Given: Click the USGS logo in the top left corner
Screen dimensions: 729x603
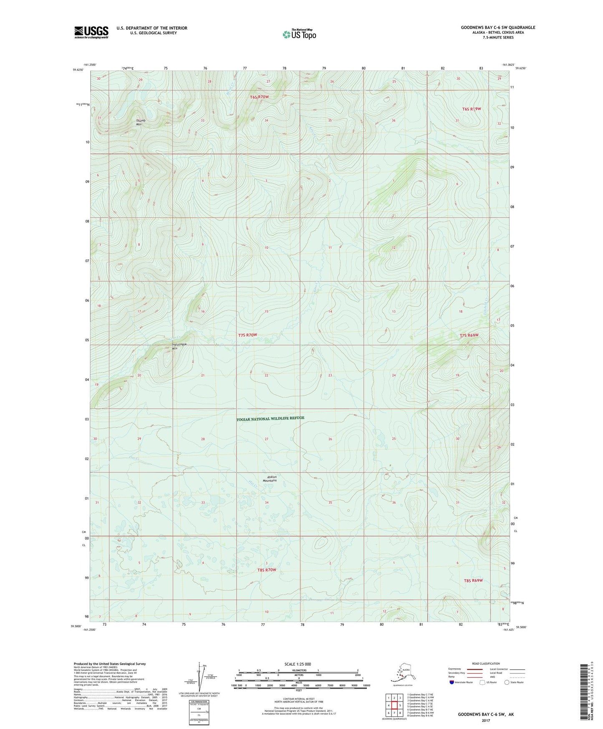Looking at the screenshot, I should [x=91, y=32].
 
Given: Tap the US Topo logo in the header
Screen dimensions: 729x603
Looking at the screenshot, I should [x=299, y=34].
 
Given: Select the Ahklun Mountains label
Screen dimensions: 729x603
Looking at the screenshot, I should [x=270, y=479].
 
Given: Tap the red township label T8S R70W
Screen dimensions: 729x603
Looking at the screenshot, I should [x=267, y=570].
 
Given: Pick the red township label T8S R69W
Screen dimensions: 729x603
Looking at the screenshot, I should [x=473, y=581].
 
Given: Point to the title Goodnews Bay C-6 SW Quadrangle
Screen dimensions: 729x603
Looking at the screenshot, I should [x=498, y=28].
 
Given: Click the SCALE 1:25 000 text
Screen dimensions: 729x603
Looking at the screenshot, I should [x=298, y=664].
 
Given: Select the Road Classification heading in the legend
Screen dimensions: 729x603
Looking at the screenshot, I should [x=486, y=663].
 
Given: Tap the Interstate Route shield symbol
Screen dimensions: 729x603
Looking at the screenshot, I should [x=452, y=682].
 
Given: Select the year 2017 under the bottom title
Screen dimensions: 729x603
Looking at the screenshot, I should [x=486, y=720].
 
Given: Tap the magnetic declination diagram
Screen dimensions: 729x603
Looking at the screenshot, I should [x=202, y=677].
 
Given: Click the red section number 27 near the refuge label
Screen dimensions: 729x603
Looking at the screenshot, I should [x=266, y=439].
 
